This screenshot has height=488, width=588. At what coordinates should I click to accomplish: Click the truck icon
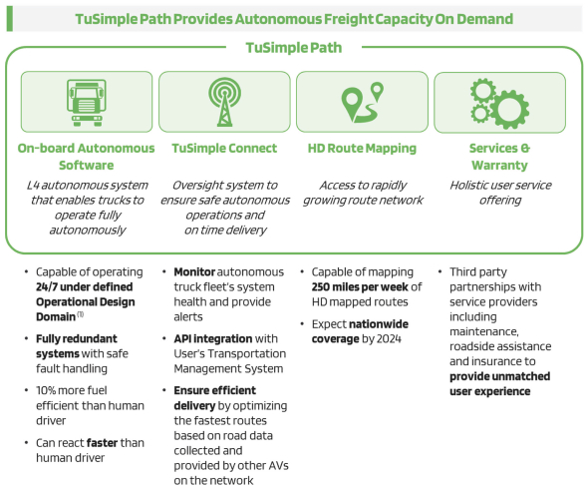click(x=87, y=103)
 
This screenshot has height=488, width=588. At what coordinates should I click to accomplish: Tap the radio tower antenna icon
click(x=224, y=102)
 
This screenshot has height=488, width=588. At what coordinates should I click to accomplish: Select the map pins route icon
click(x=362, y=102)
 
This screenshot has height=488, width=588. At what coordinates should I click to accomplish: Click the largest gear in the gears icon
click(x=509, y=109)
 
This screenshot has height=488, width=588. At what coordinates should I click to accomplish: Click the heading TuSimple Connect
click(x=224, y=149)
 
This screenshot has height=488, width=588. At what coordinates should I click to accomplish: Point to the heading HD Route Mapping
click(x=362, y=149)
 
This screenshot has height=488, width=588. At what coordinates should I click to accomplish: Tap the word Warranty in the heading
click(x=499, y=166)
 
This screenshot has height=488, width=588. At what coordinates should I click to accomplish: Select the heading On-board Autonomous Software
click(x=87, y=157)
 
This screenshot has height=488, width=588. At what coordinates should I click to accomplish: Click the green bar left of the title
click(x=10, y=18)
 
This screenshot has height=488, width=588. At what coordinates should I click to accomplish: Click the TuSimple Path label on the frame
click(x=294, y=48)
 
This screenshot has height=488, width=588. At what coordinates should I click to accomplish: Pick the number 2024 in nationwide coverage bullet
click(x=389, y=339)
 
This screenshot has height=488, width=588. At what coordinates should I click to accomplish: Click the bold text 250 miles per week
click(x=360, y=287)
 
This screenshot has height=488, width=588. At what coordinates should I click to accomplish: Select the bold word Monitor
click(x=194, y=271)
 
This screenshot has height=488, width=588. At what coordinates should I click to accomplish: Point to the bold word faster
click(x=102, y=443)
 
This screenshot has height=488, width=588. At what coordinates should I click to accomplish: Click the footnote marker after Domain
click(x=81, y=314)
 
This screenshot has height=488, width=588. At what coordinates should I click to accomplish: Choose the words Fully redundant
click(x=77, y=338)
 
